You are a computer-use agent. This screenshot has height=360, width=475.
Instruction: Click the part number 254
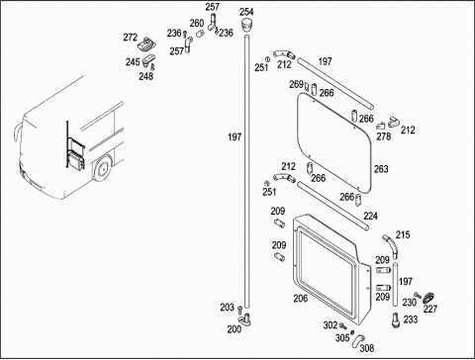coord(246,12)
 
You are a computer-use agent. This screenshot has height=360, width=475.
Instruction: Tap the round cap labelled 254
coord(246,26)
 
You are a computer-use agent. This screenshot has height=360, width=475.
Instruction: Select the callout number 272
coord(131,38)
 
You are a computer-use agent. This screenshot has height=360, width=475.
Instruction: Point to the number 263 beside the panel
coord(381,169)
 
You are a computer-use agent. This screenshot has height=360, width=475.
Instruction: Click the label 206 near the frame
coord(301,299)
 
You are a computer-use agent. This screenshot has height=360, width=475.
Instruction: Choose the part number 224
coord(370,216)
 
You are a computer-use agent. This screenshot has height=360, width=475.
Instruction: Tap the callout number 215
coord(403,235)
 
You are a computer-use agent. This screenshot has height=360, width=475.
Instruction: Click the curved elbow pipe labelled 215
coord(392,245)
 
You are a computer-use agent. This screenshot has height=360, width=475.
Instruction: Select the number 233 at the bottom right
coord(411,319)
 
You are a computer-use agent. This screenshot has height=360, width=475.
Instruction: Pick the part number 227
coord(430,309)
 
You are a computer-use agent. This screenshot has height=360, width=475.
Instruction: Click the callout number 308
coord(367,348)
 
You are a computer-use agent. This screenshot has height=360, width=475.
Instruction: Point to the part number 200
coord(235,329)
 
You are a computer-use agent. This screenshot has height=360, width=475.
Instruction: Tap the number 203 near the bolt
coord(228,308)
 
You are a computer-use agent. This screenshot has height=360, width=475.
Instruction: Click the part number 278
coord(384,136)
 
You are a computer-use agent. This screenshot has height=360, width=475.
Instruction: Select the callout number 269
coord(296,84)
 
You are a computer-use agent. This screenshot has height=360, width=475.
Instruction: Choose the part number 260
coord(197,24)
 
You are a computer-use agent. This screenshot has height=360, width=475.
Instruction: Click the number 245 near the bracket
coord(133,62)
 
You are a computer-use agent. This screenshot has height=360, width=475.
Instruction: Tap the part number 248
coord(145,76)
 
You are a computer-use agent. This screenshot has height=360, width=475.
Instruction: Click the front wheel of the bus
coord(103,168)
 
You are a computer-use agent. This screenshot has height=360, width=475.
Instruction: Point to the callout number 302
coord(331,325)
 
